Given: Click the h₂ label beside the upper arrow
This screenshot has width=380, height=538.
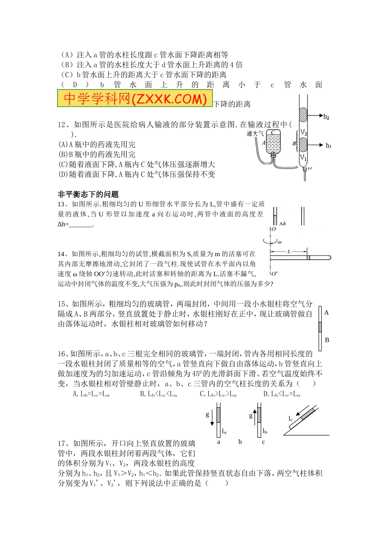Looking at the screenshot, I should point(326,117).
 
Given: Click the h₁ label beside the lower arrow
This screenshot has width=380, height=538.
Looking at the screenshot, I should point(328,146).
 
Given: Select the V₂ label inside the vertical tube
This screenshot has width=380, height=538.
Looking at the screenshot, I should point(304,132).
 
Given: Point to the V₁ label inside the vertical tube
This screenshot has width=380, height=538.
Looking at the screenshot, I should point(303,158).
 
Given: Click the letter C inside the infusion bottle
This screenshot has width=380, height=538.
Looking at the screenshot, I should point(273,132).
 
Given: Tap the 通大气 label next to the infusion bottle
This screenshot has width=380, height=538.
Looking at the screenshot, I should point(255,134).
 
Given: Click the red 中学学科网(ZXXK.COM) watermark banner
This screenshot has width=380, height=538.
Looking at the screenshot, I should point(134,98).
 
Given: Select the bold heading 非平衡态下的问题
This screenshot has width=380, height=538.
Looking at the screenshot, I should point(88,194).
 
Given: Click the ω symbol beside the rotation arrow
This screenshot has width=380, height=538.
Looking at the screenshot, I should point(280,242).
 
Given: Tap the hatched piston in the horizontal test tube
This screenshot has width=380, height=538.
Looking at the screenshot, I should point(308,257).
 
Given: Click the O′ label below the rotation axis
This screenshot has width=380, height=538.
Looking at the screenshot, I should point(274,274).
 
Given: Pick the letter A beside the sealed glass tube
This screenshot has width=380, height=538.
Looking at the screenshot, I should point(326,313).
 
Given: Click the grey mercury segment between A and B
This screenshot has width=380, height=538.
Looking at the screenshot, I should point(320,327).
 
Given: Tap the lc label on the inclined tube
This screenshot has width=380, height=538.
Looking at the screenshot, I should point(291,419).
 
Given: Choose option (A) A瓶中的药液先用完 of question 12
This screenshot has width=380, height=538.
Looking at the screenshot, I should point(97,145).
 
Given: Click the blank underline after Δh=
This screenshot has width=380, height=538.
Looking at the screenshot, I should point(81,224).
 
